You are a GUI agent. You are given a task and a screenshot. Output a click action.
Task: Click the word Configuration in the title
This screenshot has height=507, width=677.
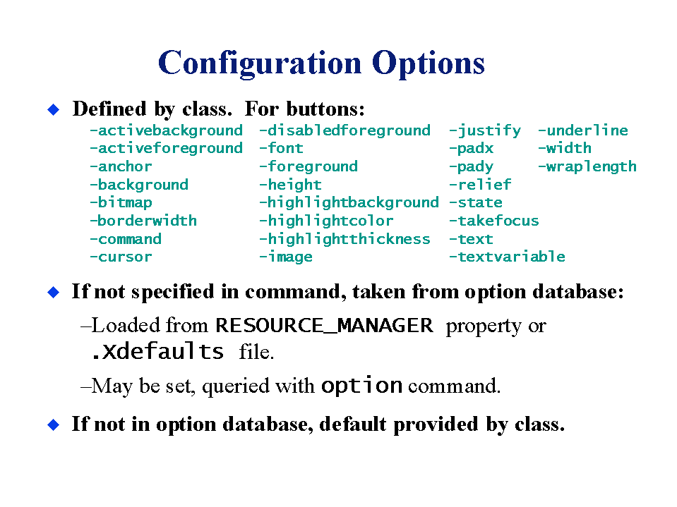(x=260, y=63)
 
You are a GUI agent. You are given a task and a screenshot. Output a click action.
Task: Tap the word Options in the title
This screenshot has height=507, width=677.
(x=429, y=63)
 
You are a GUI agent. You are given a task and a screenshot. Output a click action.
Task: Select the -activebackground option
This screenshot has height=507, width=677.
(x=166, y=130)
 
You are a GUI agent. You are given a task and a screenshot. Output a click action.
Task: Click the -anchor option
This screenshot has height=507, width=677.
(x=121, y=166)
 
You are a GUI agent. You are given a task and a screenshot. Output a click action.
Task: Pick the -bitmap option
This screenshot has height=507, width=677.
(x=121, y=202)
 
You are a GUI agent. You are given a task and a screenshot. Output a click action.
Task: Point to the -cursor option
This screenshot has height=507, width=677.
(x=121, y=257)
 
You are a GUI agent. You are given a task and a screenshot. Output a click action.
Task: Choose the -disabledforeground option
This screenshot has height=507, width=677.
(x=345, y=130)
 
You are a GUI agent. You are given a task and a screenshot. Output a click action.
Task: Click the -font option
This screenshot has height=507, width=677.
(x=282, y=148)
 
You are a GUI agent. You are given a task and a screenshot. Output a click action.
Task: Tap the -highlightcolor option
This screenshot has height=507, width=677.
(x=326, y=221)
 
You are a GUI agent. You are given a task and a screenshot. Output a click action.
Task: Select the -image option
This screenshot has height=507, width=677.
(x=286, y=257)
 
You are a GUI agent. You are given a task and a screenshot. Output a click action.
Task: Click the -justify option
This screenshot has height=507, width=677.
(x=485, y=130)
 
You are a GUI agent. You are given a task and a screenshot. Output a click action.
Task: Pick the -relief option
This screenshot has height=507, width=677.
(x=480, y=185)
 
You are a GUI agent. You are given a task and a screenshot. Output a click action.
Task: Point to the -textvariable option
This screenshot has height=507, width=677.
(x=508, y=257)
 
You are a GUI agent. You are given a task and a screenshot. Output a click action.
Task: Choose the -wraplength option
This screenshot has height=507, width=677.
(x=587, y=167)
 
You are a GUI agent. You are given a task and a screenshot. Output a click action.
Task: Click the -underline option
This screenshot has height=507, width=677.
(x=583, y=130)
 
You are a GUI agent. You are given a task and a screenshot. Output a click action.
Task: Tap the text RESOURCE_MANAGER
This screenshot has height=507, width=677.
(x=324, y=326)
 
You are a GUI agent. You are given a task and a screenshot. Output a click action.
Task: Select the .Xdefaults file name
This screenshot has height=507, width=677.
(x=157, y=351)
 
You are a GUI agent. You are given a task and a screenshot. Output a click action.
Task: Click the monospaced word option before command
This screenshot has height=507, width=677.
(x=362, y=386)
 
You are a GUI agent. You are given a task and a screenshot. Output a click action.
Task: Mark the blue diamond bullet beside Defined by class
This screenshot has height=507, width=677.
(x=54, y=109)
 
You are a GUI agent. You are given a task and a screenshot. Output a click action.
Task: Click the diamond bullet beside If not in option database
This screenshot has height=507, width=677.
(x=54, y=424)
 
